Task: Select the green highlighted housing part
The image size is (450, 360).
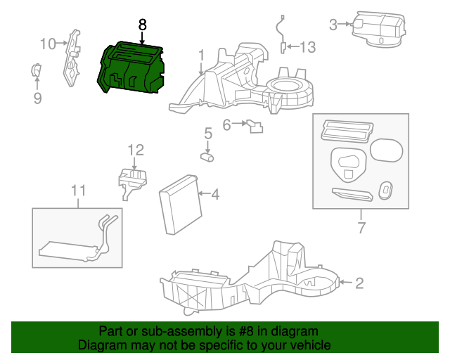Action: coord(133,68)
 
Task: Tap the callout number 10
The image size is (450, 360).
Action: coord(47,44)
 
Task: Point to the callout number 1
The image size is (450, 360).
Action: coord(201,54)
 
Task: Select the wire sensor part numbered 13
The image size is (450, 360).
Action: coord(282,32)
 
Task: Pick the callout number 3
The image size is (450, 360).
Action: coord(333,25)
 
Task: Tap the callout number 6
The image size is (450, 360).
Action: coord(227,125)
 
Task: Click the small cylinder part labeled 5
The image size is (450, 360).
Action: coord(208,157)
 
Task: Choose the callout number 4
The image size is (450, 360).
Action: coord(215,194)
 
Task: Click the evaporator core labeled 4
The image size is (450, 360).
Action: coord(179,208)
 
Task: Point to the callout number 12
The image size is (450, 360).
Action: coord(135,149)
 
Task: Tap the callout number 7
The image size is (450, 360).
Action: coord(361,228)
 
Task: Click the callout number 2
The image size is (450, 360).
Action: coord(359,283)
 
